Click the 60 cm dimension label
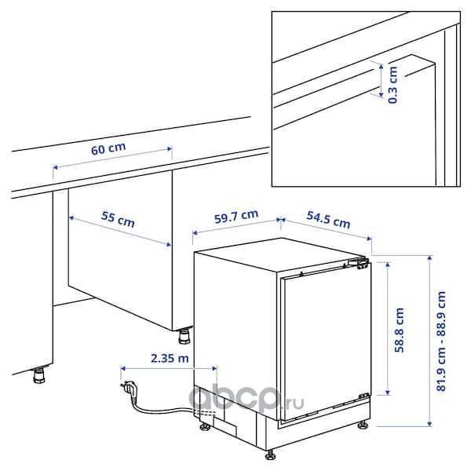coord(108,148)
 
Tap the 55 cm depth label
coord(118,219)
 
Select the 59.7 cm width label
coord(236,217)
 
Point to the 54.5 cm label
coord(328,220)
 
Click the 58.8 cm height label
coord(400,330)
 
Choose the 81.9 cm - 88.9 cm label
coord(441,341)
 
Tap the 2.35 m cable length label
coord(170,358)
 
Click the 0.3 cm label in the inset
coord(392,85)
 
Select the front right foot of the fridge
coord(363,425)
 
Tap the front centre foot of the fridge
coord(272,455)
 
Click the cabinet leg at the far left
coord(39,375)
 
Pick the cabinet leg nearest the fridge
coord(184,336)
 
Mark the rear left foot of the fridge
coord(206,426)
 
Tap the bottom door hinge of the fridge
coord(364,396)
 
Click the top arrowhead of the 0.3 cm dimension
coord(381,67)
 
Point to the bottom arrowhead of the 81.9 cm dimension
coord(429,423)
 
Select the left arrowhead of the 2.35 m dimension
coord(123,368)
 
